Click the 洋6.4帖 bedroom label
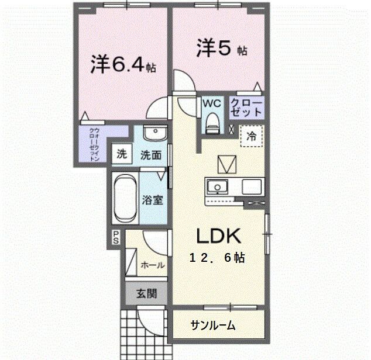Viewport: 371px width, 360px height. [123, 64]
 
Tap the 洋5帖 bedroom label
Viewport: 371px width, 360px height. [221, 49]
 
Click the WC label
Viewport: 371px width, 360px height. [211, 103]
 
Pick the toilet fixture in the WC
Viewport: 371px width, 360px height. [212, 123]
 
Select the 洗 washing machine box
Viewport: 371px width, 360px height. [121, 154]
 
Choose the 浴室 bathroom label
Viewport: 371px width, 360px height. [152, 199]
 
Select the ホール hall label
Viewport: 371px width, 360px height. [152, 265]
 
